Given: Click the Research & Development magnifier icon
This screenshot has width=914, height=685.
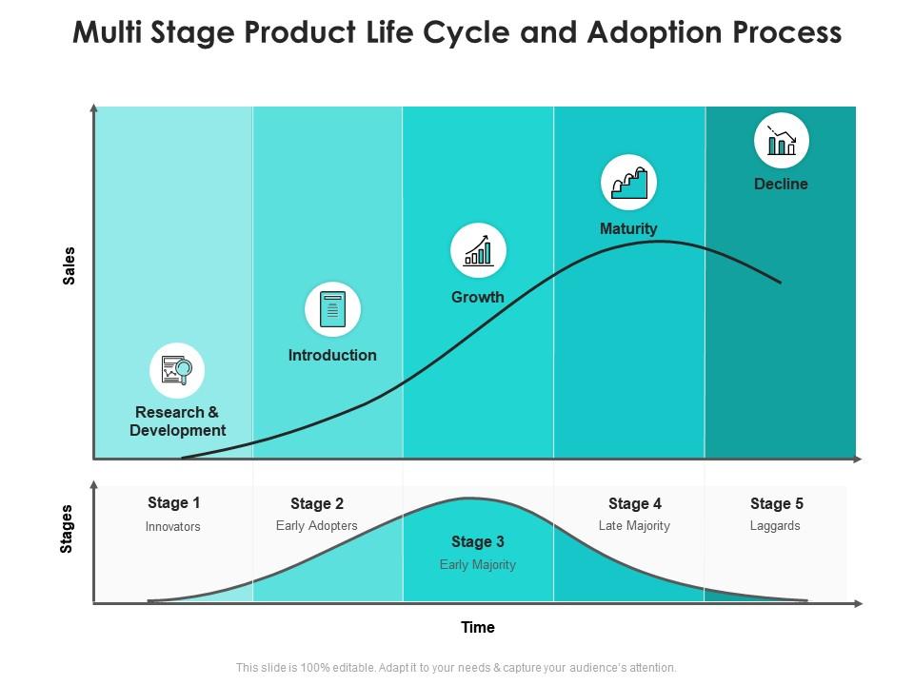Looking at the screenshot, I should click(177, 370).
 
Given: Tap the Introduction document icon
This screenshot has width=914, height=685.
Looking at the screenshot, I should click(332, 310).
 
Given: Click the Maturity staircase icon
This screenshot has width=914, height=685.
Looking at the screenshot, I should click(628, 182).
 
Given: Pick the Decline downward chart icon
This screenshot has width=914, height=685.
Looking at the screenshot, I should click(782, 141).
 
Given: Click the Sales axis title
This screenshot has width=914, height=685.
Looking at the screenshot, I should click(69, 265).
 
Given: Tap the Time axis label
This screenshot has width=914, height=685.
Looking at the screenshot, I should click(478, 627).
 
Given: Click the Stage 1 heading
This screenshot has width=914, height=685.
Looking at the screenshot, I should click(174, 502).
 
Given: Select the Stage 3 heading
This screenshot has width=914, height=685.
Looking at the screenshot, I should click(478, 541).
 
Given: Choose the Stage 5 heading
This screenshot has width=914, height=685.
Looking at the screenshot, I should click(777, 503).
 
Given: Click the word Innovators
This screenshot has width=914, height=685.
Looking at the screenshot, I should click(173, 526).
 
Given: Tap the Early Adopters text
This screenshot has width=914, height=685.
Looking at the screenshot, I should click(317, 525).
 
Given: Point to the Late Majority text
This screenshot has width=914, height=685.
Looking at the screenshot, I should click(634, 525).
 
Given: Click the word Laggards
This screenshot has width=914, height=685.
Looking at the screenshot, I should click(775, 525).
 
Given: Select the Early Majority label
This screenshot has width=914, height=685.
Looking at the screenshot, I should click(478, 564).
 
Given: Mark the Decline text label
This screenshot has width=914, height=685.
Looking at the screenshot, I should click(781, 184).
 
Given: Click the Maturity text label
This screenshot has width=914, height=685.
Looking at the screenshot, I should click(628, 228).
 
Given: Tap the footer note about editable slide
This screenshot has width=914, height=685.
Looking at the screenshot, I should click(456, 668).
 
